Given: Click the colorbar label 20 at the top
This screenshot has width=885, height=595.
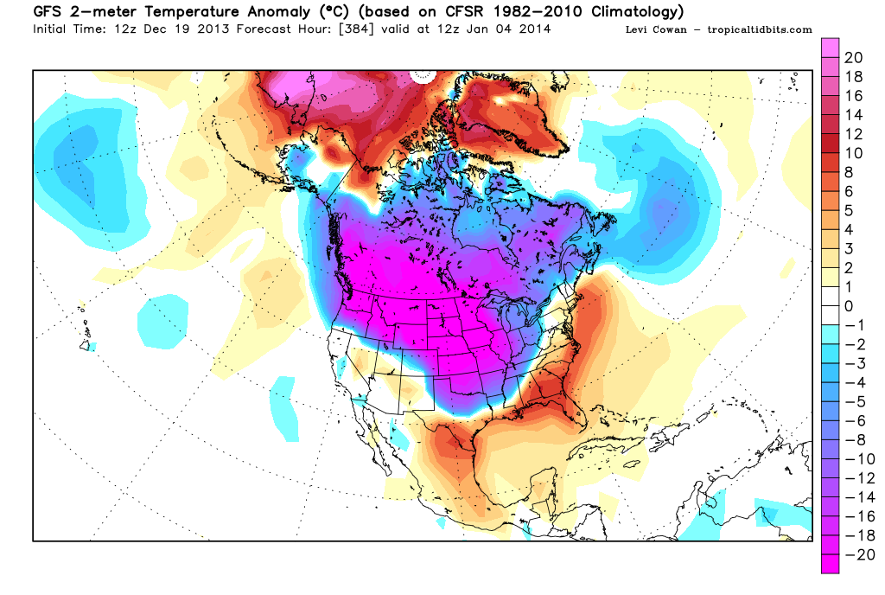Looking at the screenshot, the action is pyautogui.click(x=853, y=58).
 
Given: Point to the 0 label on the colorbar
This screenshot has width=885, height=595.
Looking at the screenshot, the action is pyautogui.click(x=849, y=306).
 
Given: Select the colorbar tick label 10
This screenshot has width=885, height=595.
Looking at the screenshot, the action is pyautogui.click(x=853, y=154).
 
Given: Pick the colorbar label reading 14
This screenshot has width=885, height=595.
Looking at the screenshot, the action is pyautogui.click(x=853, y=115).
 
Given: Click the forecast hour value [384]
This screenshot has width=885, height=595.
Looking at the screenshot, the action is pyautogui.click(x=357, y=29).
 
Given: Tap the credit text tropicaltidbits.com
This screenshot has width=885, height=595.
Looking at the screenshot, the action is pyautogui.click(x=760, y=30).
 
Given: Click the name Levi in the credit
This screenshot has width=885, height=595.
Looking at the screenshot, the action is pyautogui.click(x=636, y=29).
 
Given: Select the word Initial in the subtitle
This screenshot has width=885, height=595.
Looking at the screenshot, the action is pyautogui.click(x=50, y=29).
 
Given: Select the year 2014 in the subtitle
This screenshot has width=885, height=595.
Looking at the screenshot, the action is pyautogui.click(x=534, y=29).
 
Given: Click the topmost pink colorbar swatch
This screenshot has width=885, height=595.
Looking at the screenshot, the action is pyautogui.click(x=830, y=48).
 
